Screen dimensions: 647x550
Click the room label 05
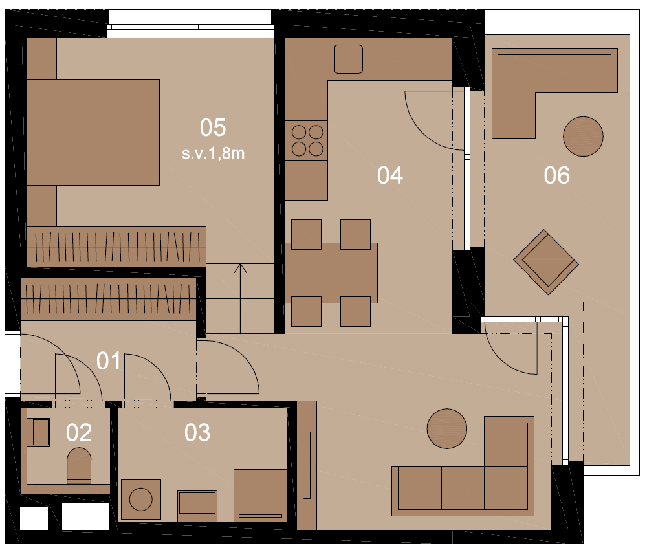pyautogui.click(x=213, y=127)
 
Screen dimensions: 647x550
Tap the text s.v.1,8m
pyautogui.click(x=213, y=153)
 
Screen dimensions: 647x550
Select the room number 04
pyautogui.click(x=390, y=175)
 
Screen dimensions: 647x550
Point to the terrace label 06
pyautogui.click(x=556, y=175)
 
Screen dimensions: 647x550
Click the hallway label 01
pyautogui.click(x=109, y=361)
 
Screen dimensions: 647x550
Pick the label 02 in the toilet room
pyautogui.click(x=79, y=433)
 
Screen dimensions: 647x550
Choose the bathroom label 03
pyautogui.click(x=197, y=433)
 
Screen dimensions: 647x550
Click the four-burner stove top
pyautogui.click(x=306, y=140)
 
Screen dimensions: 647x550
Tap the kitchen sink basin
pyautogui.click(x=349, y=59)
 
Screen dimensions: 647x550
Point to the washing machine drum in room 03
pyautogui.click(x=140, y=500)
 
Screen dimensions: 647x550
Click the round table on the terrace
pyautogui.click(x=583, y=136)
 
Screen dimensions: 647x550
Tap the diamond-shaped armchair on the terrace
pyautogui.click(x=546, y=262)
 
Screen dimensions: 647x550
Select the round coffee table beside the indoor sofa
pyautogui.click(x=447, y=428)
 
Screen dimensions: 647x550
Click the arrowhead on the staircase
pyautogui.click(x=241, y=268)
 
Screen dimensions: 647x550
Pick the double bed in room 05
pyautogui.click(x=93, y=132)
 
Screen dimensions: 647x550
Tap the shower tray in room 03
pyautogui.click(x=260, y=495)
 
